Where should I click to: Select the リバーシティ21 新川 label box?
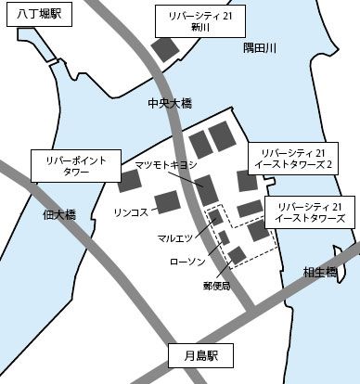pos(201,21)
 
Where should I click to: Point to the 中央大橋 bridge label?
pos(168,104)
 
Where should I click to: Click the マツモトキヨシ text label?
pos(166,165)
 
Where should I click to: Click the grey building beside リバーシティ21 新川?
pos(166,48)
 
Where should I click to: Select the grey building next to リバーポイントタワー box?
pos(129,181)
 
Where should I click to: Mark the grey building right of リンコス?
pos(167,201)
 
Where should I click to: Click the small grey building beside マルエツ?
pos(215,218)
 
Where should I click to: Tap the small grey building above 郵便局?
pos(238,255)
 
